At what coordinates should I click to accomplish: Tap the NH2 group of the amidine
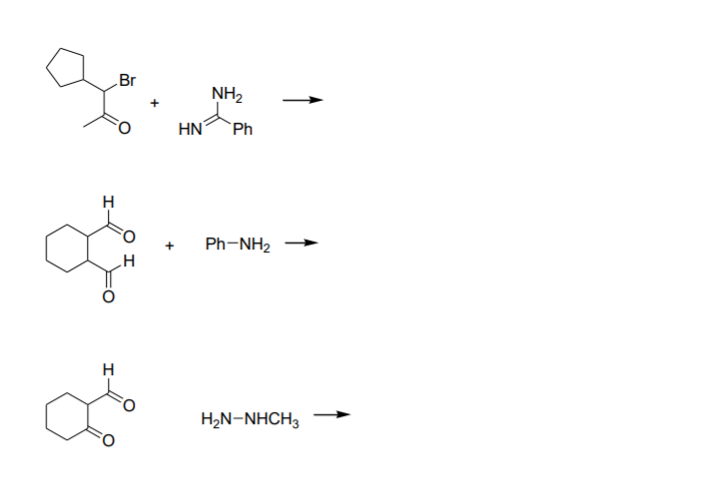(x=226, y=96)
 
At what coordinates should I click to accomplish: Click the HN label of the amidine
(x=191, y=129)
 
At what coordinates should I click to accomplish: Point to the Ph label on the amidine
(x=242, y=129)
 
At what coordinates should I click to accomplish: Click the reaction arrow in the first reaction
(x=302, y=100)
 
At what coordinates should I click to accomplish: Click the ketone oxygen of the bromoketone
(x=126, y=128)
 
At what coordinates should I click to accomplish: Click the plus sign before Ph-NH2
(x=171, y=244)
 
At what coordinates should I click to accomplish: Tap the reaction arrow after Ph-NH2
(x=302, y=243)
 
